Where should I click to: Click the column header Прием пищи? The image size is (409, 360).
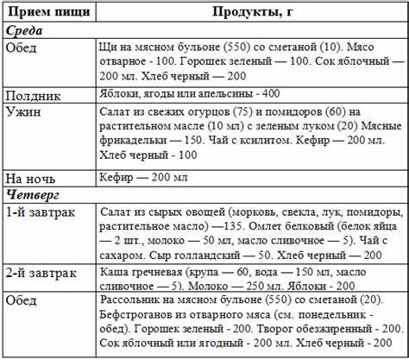point(45,11)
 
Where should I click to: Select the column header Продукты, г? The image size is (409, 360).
point(251,11)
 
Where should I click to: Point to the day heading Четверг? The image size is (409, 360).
point(32,192)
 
